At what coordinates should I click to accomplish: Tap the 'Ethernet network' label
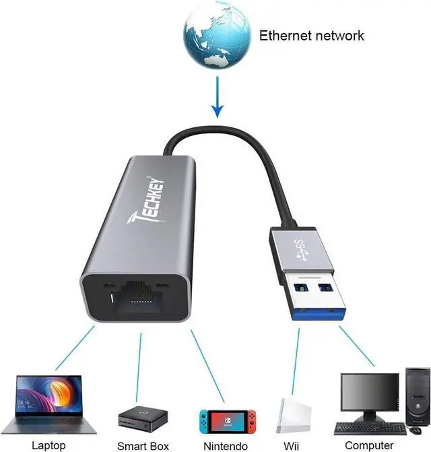(x=311, y=35)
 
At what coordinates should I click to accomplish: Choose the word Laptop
(x=49, y=445)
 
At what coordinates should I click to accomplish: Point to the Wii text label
(x=292, y=445)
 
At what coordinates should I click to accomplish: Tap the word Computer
(x=368, y=445)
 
